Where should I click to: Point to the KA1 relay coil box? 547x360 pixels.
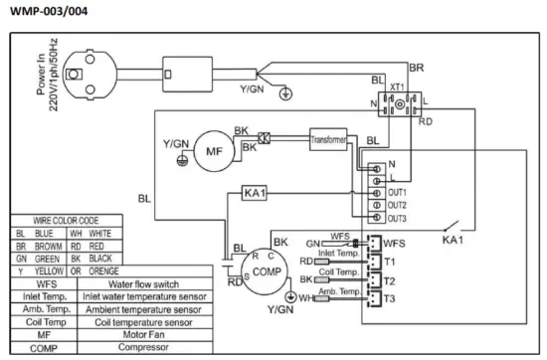click(254, 194)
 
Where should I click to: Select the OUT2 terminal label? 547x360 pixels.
click(398, 203)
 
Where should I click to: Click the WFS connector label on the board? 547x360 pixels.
click(395, 242)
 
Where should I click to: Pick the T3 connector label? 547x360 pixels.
click(391, 297)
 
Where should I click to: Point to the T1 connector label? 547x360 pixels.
click(391, 261)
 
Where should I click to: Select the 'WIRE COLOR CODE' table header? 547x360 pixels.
click(66, 221)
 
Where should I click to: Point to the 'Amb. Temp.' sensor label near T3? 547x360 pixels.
click(336, 289)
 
